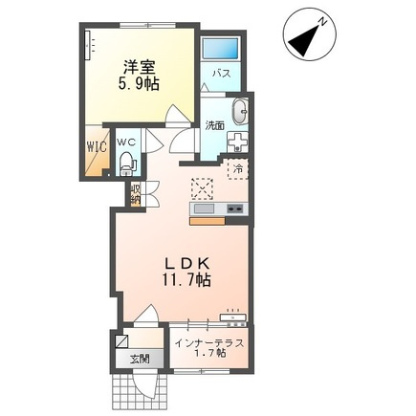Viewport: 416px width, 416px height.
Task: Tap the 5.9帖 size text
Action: pyautogui.click(x=139, y=84)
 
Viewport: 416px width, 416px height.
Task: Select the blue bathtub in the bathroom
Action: pyautogui.click(x=221, y=50)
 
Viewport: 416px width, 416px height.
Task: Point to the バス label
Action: pyautogui.click(x=222, y=74)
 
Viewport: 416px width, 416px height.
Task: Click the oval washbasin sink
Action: pyautogui.click(x=241, y=112)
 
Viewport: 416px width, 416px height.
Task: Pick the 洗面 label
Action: pyautogui.click(x=214, y=125)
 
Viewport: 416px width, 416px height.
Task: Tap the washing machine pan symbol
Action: pyautogui.click(x=237, y=142)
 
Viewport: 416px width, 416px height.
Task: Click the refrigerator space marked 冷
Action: pyautogui.click(x=238, y=168)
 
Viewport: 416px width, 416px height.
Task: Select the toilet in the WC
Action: pyautogui.click(x=127, y=164)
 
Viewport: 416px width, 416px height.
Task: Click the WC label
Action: pyautogui.click(x=127, y=142)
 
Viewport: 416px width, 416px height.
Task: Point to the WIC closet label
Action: pyautogui.click(x=97, y=147)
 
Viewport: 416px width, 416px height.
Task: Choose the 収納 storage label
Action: pyautogui.click(x=135, y=193)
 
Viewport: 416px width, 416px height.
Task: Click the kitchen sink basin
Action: pyautogui.click(x=205, y=208)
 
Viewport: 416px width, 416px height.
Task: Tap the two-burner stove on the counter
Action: pyautogui.click(x=236, y=208)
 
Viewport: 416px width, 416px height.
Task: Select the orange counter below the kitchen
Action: pyautogui.click(x=208, y=221)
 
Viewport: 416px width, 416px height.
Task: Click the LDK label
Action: pyautogui.click(x=186, y=264)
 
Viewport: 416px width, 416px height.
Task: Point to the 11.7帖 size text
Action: pyautogui.click(x=186, y=280)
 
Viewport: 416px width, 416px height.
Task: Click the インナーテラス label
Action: pyautogui.click(x=209, y=343)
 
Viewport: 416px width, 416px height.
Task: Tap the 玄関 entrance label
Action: pyautogui.click(x=140, y=360)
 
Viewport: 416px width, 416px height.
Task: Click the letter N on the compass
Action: pyautogui.click(x=323, y=22)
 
